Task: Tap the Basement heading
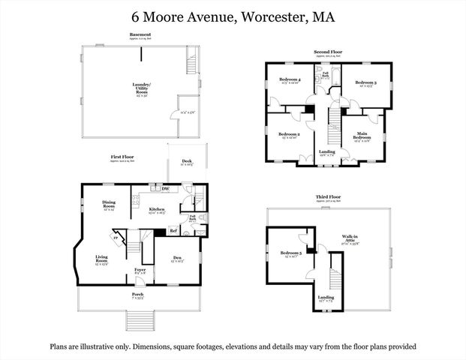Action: point(140,34)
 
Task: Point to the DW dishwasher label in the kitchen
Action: point(164,189)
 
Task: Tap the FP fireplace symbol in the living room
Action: point(115,238)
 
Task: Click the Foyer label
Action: point(140,270)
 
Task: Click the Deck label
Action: point(185,160)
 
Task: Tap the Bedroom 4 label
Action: point(290,79)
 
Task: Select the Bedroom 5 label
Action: point(290,253)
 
